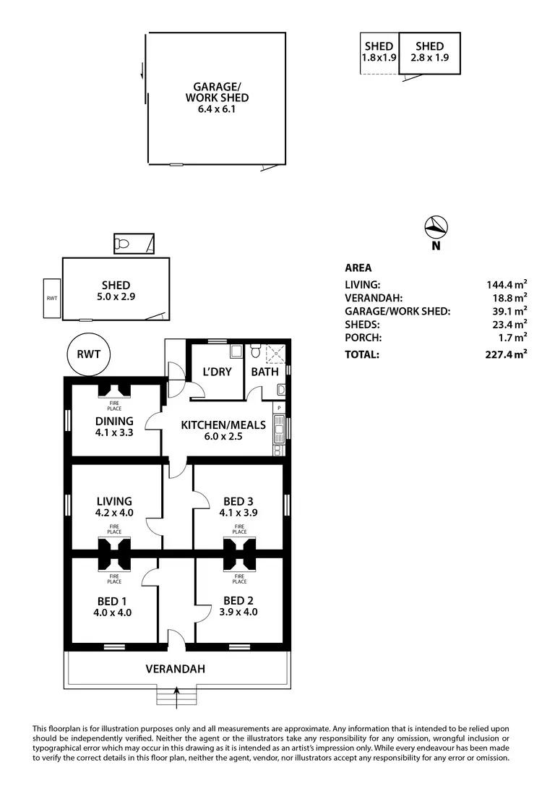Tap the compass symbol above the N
click(x=436, y=227)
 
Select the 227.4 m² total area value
click(x=507, y=354)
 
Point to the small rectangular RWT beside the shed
click(x=52, y=298)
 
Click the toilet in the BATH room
click(x=255, y=351)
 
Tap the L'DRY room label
click(x=216, y=372)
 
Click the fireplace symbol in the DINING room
click(x=114, y=390)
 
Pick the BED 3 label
click(x=239, y=500)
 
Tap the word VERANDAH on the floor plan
click(x=175, y=670)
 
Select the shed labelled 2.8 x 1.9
click(x=430, y=52)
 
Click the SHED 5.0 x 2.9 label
click(x=116, y=291)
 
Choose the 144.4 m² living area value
click(x=507, y=285)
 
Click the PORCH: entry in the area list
click(x=363, y=337)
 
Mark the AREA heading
click(x=358, y=268)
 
